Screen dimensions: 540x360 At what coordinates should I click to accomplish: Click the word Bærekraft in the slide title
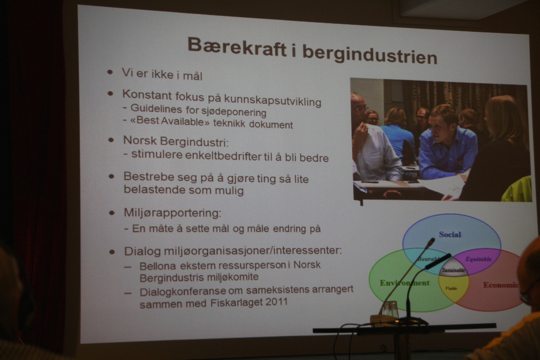[237, 47]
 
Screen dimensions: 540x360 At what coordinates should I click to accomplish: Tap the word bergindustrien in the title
[370, 55]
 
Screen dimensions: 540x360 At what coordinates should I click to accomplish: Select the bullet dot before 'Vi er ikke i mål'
[110, 72]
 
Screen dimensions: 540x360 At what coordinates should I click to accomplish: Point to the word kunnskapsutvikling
[265, 100]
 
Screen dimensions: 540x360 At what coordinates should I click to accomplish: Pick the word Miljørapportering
[172, 213]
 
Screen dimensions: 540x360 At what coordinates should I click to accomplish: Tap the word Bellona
[158, 266]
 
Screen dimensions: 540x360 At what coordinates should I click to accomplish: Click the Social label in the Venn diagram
[450, 234]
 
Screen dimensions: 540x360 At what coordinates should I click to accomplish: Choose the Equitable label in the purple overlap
[478, 259]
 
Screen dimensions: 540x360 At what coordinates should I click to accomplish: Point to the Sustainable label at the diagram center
[454, 270]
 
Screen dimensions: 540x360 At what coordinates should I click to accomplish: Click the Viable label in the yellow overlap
[451, 288]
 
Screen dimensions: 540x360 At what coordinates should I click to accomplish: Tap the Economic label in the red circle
[501, 285]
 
